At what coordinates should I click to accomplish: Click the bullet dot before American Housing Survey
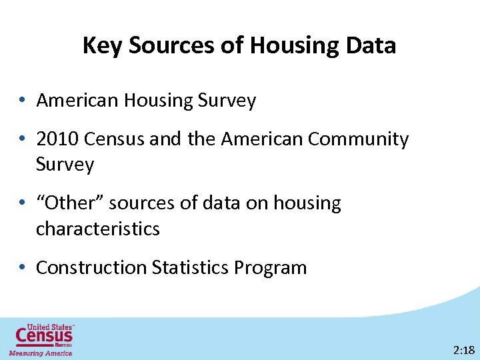(x=23, y=101)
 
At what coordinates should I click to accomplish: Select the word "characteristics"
(x=98, y=229)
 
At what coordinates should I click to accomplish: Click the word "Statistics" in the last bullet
(x=191, y=268)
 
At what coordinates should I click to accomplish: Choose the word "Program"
(x=270, y=268)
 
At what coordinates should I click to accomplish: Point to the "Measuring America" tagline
(x=40, y=353)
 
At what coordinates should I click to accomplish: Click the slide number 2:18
(x=463, y=350)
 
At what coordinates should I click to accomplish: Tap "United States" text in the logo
(x=50, y=327)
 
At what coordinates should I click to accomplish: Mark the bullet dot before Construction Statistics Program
(x=23, y=268)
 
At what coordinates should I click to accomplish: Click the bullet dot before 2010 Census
(x=23, y=140)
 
